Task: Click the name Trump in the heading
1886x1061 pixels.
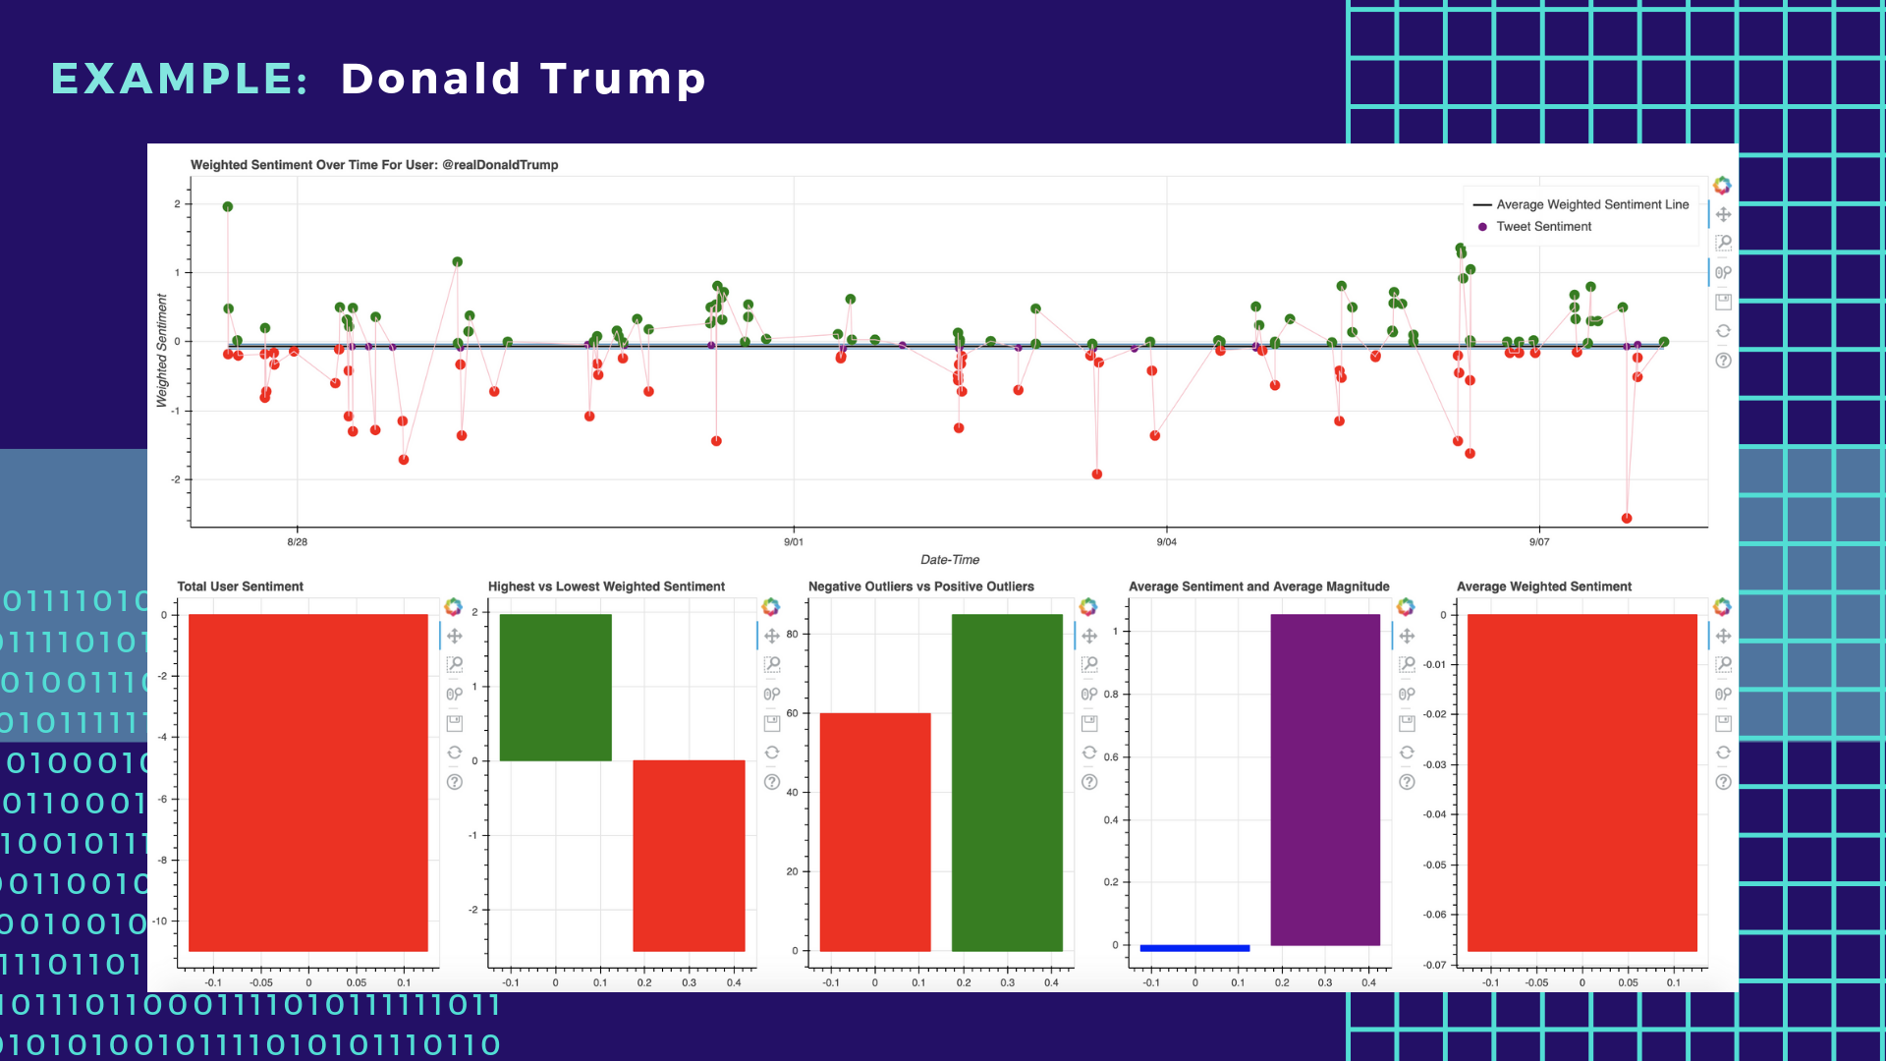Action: [623, 79]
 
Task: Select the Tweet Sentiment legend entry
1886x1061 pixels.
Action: [1543, 227]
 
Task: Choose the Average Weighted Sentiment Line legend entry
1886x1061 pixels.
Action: [1591, 204]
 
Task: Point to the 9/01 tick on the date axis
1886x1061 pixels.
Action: [794, 542]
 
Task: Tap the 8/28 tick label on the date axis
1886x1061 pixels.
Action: [297, 542]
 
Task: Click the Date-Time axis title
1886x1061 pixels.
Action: [949, 560]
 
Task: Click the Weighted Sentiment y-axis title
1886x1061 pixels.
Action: [162, 351]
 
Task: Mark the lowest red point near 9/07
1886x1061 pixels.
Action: [1627, 519]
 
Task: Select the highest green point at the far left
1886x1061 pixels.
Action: [228, 206]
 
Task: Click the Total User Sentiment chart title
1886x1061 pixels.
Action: [240, 586]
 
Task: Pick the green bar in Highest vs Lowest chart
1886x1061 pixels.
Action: [555, 688]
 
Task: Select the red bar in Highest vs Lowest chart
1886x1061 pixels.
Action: [689, 855]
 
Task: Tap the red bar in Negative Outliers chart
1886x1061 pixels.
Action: [874, 831]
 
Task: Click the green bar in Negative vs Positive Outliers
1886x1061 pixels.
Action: [1007, 782]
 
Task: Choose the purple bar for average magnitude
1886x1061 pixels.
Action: [1325, 780]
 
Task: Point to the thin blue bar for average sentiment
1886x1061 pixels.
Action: [1194, 948]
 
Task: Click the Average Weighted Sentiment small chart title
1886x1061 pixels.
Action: [1543, 586]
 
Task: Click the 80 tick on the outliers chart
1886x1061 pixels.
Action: [792, 635]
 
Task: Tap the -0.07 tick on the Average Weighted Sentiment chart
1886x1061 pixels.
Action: [1435, 965]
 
